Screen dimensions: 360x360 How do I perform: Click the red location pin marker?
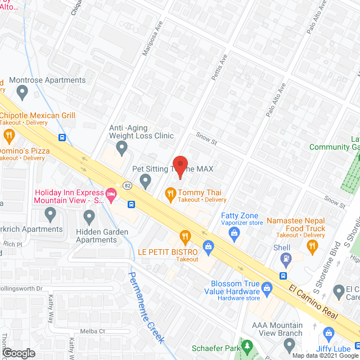click(179, 165)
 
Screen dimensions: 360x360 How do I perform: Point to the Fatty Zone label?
click(240, 215)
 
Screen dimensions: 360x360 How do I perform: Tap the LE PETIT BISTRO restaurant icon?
click(184, 235)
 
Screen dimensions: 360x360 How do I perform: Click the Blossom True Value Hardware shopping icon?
click(267, 288)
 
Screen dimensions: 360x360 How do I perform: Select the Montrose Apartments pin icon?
click(22, 91)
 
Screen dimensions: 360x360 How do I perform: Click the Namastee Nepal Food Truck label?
click(296, 224)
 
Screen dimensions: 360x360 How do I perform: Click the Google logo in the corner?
click(18, 353)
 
